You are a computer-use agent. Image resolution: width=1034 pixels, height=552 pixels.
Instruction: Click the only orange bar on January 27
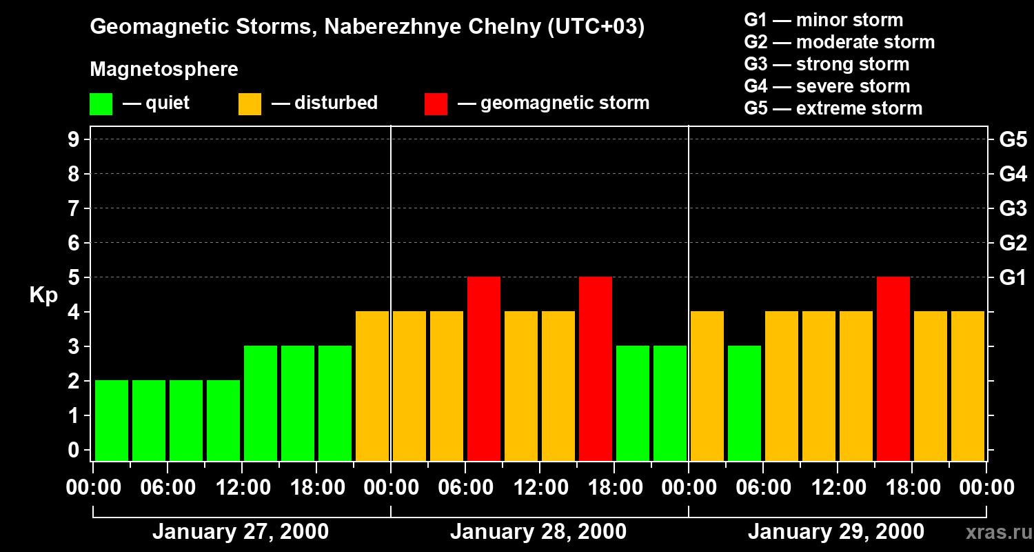(x=372, y=386)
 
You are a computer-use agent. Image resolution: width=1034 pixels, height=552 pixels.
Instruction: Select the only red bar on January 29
(x=893, y=368)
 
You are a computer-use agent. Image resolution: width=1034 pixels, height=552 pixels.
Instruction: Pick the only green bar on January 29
(x=744, y=403)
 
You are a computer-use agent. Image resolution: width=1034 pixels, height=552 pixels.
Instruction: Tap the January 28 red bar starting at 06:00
(x=484, y=368)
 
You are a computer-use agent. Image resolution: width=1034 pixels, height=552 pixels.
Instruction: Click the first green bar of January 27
(x=112, y=420)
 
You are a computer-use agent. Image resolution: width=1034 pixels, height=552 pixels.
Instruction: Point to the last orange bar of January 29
(x=968, y=386)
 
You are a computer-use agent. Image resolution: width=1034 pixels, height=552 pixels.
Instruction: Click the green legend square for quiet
(x=101, y=104)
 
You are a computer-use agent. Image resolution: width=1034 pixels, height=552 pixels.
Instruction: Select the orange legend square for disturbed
(x=250, y=104)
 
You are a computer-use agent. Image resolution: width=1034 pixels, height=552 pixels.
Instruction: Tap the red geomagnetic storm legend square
(x=436, y=104)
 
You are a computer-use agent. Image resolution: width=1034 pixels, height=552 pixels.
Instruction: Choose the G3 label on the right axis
(x=1013, y=208)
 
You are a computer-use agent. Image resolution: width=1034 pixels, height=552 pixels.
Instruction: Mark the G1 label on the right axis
(x=1013, y=277)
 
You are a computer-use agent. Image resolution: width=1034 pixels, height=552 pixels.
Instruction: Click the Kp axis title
(x=43, y=295)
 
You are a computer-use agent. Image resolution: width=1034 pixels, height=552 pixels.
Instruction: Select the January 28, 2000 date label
(x=538, y=532)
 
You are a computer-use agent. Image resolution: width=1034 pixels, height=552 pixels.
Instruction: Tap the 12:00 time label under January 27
(x=243, y=488)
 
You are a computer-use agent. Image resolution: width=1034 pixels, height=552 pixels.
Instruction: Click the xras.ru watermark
(x=998, y=533)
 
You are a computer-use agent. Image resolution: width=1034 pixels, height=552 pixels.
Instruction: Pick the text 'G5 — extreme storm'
(x=833, y=108)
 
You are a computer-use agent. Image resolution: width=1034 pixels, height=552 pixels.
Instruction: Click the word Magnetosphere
(x=164, y=70)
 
